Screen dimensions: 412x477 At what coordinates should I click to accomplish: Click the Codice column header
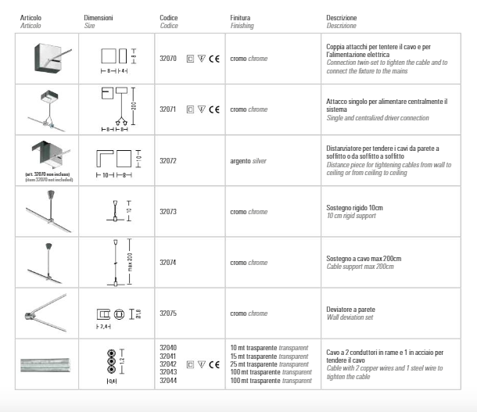tap(169, 16)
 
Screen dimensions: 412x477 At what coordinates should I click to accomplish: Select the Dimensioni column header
tap(99, 16)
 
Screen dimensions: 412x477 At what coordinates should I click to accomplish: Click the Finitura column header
tap(241, 16)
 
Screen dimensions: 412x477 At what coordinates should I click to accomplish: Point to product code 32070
tap(168, 58)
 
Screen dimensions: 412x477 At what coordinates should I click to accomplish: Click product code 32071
tap(168, 109)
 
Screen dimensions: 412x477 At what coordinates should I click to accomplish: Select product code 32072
tap(168, 160)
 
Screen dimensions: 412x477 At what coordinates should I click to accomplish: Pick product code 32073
tap(168, 212)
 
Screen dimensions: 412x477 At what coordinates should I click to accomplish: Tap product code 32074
tap(168, 263)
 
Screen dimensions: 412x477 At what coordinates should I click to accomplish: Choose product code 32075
tap(168, 313)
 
